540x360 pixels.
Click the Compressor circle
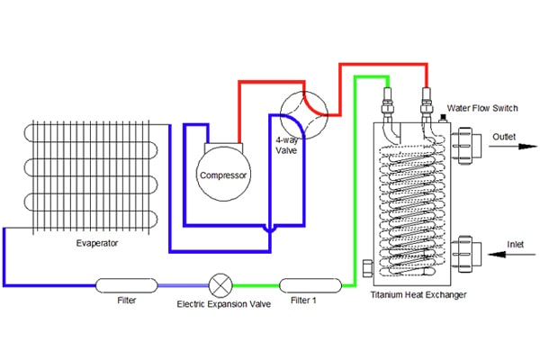point(223,174)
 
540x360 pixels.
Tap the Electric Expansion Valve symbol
point(220,285)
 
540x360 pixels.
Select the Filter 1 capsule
point(310,285)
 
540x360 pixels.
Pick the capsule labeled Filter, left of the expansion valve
point(126,285)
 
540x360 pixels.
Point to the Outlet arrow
point(513,147)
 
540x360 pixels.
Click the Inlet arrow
point(512,255)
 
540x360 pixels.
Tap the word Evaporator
point(97,243)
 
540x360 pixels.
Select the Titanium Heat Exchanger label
point(418,295)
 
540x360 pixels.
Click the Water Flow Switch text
point(482,108)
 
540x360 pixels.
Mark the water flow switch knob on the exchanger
point(443,118)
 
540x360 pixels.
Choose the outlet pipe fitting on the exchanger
point(465,146)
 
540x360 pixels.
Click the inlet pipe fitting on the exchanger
point(465,254)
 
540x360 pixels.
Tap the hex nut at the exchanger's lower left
point(368,268)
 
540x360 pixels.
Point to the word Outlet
point(504,137)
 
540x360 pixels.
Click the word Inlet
point(515,244)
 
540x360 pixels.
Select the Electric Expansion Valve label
point(224,304)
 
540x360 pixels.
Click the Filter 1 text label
point(303,301)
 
